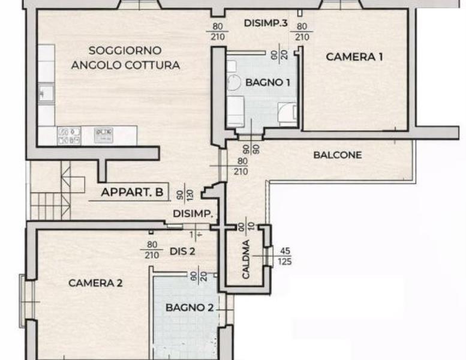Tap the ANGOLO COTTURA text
coord(125,65)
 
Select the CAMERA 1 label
coord(354,57)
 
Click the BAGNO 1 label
coord(267,83)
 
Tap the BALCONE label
coord(338,155)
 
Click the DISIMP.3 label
coord(267,23)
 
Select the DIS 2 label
coord(183,251)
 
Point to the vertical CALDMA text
coord(245,264)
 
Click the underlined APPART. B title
coord(132,193)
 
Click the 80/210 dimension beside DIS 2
coord(151,250)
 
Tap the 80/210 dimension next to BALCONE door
coord(242,166)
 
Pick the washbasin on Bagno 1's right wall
coord(287,112)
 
